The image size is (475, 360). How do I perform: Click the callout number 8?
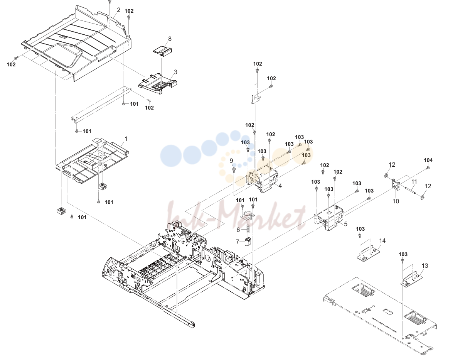pyautogui.click(x=170, y=39)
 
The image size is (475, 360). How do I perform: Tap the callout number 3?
pyautogui.click(x=175, y=72)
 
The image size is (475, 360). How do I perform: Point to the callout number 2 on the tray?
pyautogui.click(x=119, y=10)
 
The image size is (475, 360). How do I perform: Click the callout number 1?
pyautogui.click(x=126, y=139)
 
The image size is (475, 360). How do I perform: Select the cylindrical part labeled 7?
pyautogui.click(x=248, y=242)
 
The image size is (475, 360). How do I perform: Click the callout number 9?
pyautogui.click(x=231, y=161)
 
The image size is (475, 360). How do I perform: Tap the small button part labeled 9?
pyautogui.click(x=234, y=169)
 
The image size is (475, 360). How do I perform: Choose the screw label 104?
pyautogui.click(x=428, y=160)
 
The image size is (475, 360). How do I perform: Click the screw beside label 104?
pyautogui.click(x=428, y=168)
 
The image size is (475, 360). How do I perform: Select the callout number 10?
pyautogui.click(x=396, y=201)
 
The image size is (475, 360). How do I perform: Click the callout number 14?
pyautogui.click(x=382, y=240)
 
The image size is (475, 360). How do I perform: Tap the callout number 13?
pyautogui.click(x=425, y=265)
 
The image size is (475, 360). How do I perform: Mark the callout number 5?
pyautogui.click(x=345, y=224)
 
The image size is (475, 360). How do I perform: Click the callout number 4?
pyautogui.click(x=280, y=186)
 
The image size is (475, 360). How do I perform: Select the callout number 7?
pyautogui.click(x=237, y=242)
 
